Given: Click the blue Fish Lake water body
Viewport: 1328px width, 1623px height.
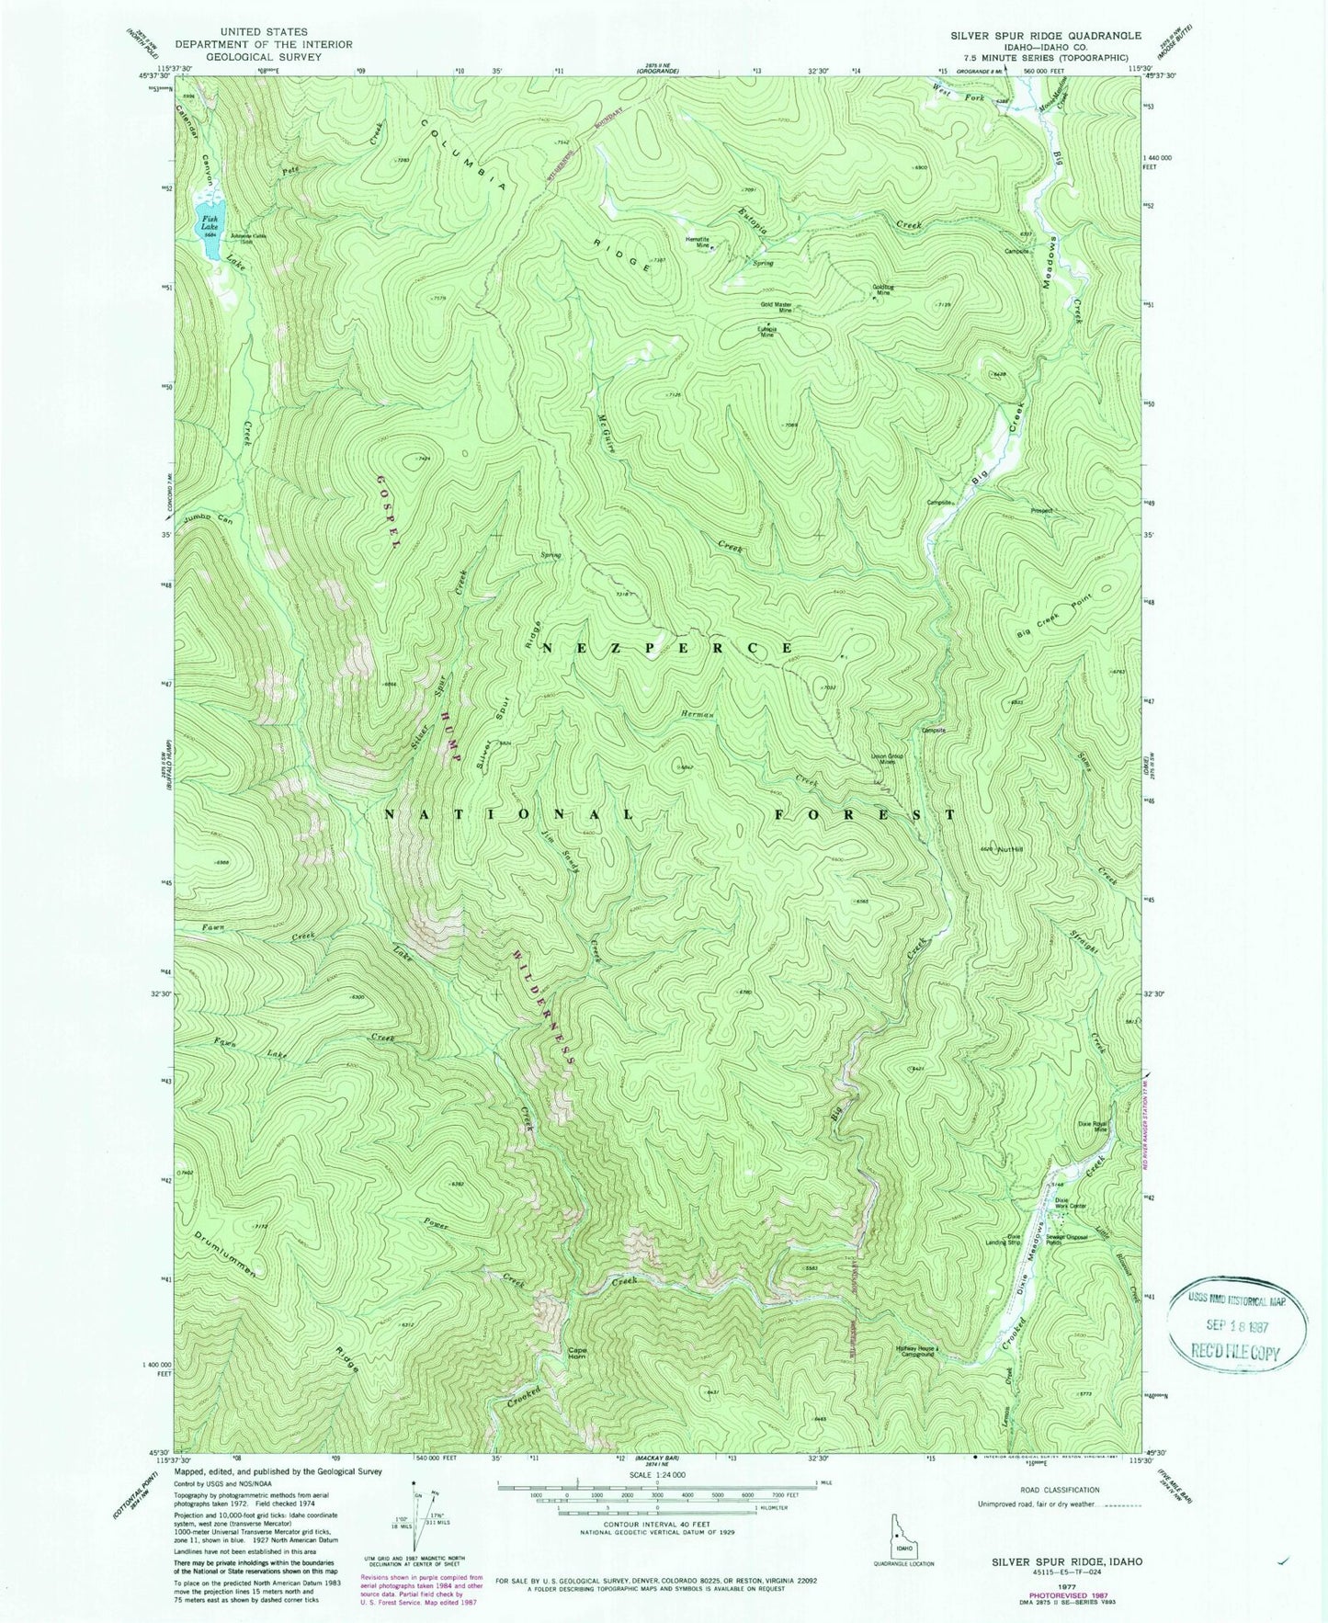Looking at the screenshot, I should point(209,220).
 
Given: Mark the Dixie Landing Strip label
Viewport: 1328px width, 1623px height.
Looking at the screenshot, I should point(1017,1241).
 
